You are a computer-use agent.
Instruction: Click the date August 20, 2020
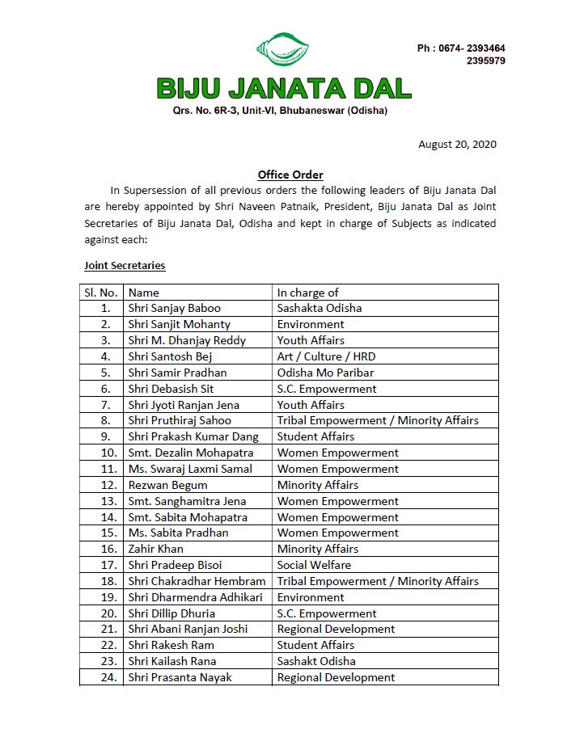pyautogui.click(x=457, y=145)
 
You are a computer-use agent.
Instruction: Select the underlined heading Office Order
pyautogui.click(x=290, y=175)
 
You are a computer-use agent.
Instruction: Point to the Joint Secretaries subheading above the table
pyautogui.click(x=125, y=265)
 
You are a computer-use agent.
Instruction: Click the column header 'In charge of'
pyautogui.click(x=307, y=293)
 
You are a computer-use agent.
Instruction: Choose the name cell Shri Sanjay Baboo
pyautogui.click(x=174, y=308)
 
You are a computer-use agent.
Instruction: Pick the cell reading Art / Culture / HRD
pyautogui.click(x=326, y=356)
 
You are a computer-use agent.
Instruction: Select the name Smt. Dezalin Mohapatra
pyautogui.click(x=190, y=453)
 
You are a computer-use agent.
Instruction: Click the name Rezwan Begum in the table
pyautogui.click(x=167, y=485)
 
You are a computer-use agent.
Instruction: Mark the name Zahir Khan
pyautogui.click(x=155, y=549)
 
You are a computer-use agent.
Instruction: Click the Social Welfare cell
pyautogui.click(x=314, y=565)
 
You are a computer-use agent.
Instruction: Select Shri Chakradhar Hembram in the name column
pyautogui.click(x=197, y=581)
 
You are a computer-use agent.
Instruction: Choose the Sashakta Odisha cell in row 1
pyautogui.click(x=320, y=308)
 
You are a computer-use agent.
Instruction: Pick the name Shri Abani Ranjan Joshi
pyautogui.click(x=188, y=629)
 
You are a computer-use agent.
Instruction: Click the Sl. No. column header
pyautogui.click(x=101, y=293)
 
